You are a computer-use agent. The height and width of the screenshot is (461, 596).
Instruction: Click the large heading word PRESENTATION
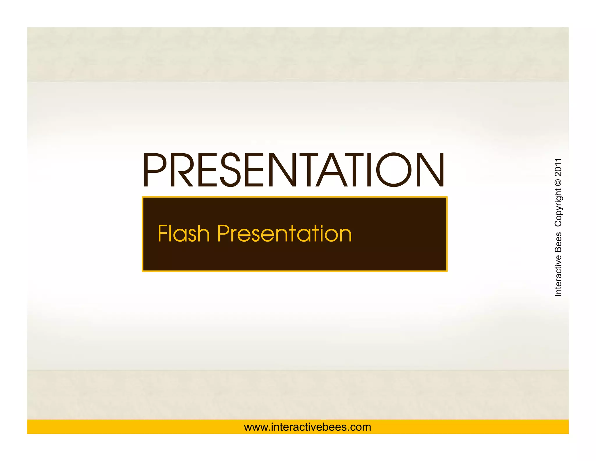pyautogui.click(x=293, y=170)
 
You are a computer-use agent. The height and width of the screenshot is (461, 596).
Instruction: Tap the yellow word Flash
pyautogui.click(x=183, y=234)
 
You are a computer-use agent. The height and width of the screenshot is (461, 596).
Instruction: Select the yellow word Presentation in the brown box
pyautogui.click(x=284, y=234)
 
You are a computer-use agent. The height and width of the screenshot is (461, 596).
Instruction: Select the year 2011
pyautogui.click(x=558, y=167)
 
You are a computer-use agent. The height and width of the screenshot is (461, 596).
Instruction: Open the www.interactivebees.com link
pyautogui.click(x=307, y=427)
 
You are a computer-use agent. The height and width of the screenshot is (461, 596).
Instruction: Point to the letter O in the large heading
pyautogui.click(x=394, y=170)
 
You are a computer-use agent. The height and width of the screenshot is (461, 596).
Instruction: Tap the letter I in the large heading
pyautogui.click(x=369, y=170)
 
